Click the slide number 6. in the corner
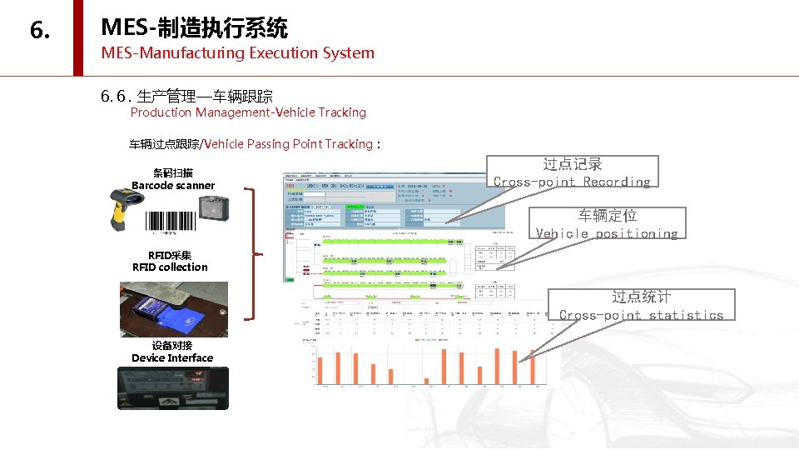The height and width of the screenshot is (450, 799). coord(39,31)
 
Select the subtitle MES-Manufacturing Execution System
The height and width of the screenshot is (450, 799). coord(237,53)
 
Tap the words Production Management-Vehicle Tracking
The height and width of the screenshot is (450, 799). coord(248,112)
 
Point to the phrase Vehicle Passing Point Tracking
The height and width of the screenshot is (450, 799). coord(288,144)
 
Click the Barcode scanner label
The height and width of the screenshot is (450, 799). coord(173,185)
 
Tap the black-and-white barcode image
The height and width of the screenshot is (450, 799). coord(171,221)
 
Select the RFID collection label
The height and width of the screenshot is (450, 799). coord(170,267)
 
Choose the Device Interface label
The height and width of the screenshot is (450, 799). coord(172,357)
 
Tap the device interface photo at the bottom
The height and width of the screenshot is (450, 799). coord(172,387)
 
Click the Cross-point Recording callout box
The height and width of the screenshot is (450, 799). coord(572,172)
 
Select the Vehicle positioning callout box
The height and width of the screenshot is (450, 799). coord(607,224)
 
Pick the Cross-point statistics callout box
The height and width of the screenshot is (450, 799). coord(641,306)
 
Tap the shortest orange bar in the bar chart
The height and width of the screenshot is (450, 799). coord(427,381)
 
